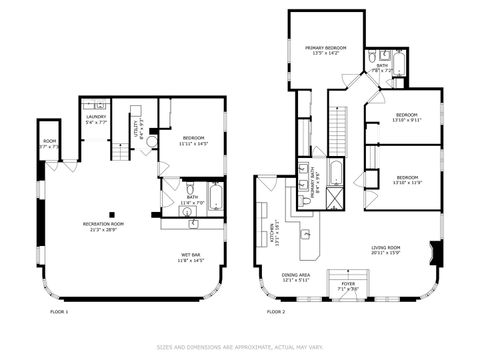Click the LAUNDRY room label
tap(96, 117)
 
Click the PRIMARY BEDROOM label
tap(326, 48)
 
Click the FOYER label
tap(347, 284)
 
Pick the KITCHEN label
tap(275, 232)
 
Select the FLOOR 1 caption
tap(59, 312)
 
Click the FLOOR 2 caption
tap(275, 312)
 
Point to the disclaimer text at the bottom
tap(239, 348)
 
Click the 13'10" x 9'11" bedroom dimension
tap(407, 119)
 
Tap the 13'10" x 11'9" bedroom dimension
tap(407, 182)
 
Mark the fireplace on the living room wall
tap(435, 252)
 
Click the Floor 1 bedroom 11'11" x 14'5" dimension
tap(193, 143)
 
